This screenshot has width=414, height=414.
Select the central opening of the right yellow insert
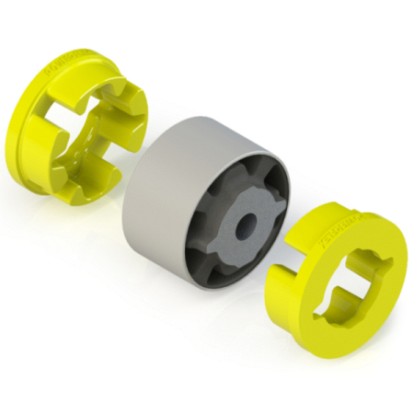(354, 290)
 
